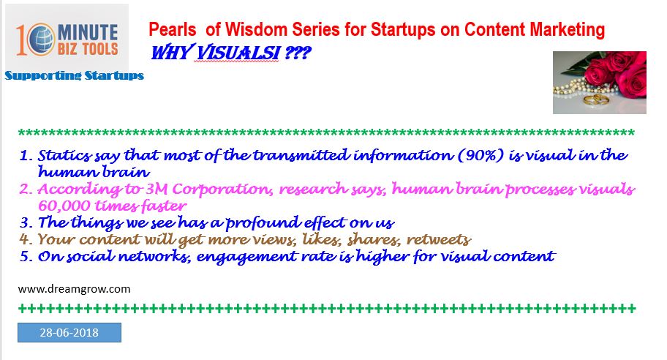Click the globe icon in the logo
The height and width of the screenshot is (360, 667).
point(42,39)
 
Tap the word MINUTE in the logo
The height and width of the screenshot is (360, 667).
point(88,32)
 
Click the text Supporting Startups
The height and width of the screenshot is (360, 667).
point(75,76)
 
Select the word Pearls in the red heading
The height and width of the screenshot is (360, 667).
point(173,30)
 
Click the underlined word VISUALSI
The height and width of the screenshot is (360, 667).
point(238,53)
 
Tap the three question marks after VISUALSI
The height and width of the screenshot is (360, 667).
point(298,53)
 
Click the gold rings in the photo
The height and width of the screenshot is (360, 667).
point(595,100)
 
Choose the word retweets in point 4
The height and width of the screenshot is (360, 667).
point(439,239)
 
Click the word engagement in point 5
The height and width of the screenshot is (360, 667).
point(246,257)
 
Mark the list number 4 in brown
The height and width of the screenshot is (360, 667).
point(26,239)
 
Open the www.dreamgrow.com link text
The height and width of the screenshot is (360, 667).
point(74,289)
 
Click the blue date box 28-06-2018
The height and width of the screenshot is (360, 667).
point(69,332)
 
